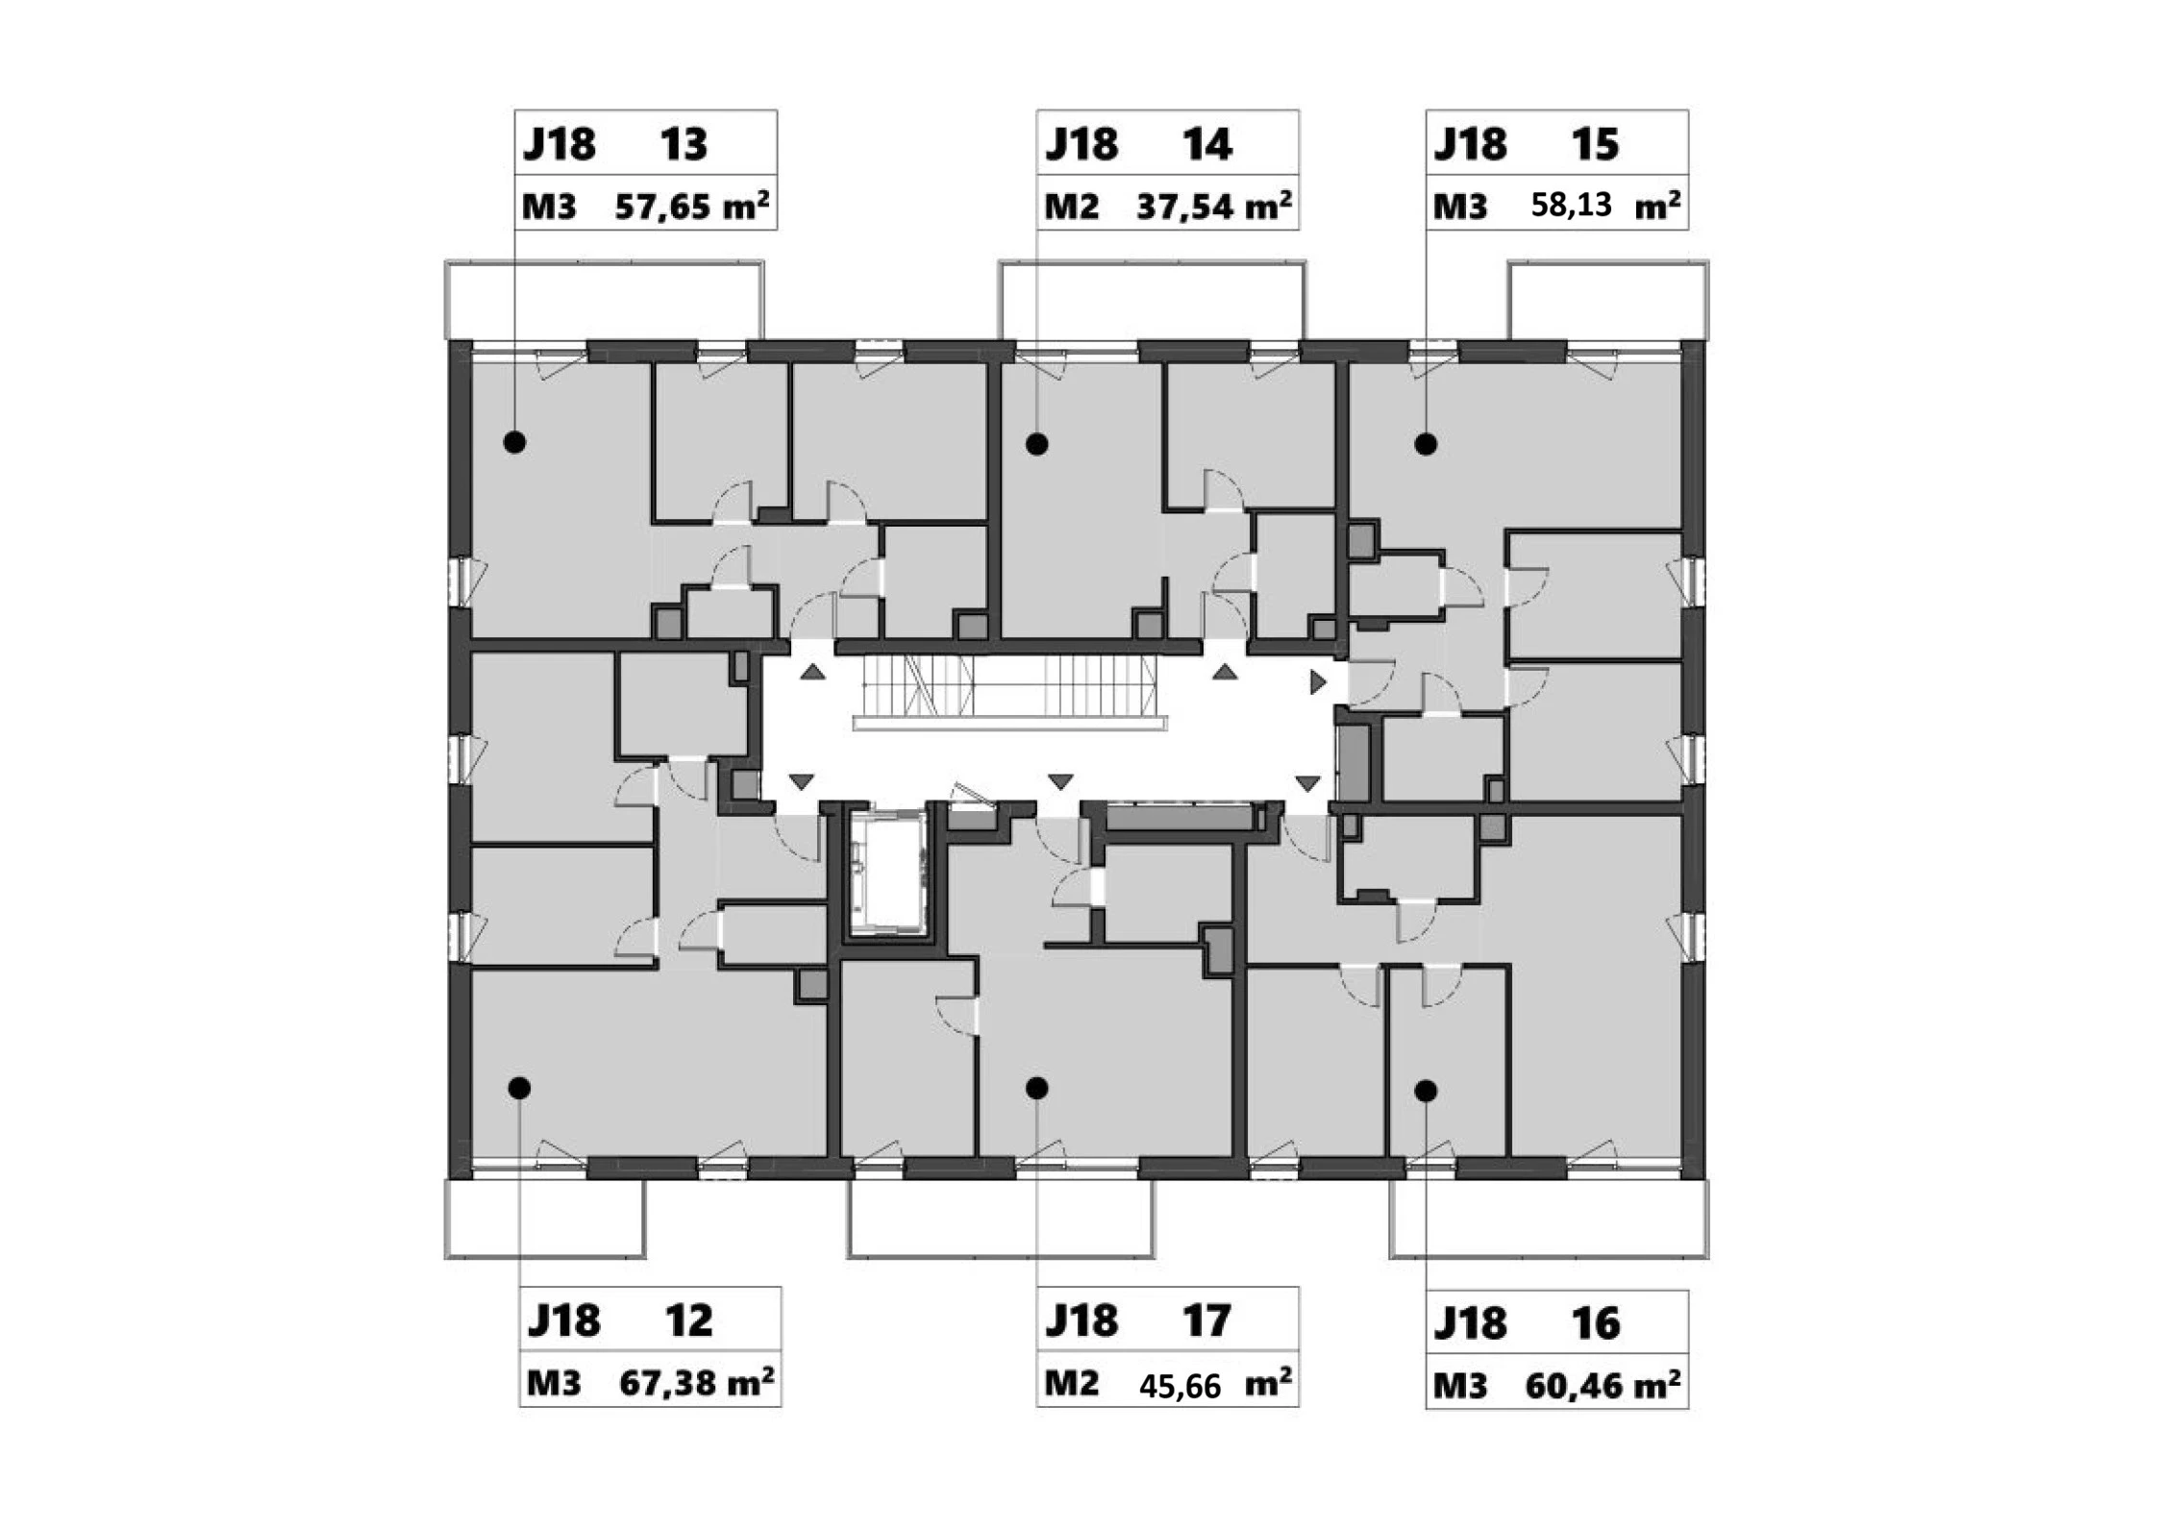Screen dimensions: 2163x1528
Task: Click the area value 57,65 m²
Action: pos(691,205)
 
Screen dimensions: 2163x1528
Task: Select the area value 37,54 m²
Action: pos(1213,205)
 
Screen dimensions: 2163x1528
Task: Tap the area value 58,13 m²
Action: pos(1605,205)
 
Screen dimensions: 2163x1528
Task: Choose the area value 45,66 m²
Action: pos(1215,1384)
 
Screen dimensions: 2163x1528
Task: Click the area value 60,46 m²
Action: pos(1603,1384)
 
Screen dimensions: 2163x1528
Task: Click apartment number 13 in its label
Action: pos(684,144)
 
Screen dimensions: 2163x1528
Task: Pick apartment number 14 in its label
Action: pos(1206,144)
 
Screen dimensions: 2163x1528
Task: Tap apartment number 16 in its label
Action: pos(1596,1323)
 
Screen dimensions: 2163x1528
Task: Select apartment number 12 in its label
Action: pos(688,1320)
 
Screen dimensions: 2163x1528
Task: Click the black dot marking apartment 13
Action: pos(515,442)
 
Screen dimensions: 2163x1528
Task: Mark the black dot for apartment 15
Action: pos(1426,444)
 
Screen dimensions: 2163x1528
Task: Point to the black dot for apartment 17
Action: pos(1036,1088)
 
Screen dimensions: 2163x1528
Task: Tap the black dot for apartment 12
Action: pos(519,1088)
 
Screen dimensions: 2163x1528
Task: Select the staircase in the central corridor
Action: pos(1009,690)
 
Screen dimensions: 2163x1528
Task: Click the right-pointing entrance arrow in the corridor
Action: pos(1318,682)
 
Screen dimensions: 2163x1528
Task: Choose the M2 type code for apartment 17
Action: pos(1071,1383)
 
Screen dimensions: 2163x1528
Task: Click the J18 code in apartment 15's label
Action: pos(1470,144)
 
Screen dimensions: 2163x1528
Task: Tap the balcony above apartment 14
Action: pos(1152,300)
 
